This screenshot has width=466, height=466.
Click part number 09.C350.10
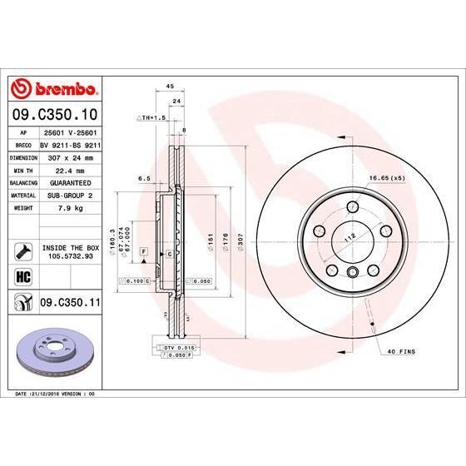point(53,113)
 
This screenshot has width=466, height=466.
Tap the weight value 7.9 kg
point(69,208)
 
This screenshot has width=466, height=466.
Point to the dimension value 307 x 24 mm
point(69,156)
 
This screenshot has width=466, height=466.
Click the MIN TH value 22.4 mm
point(69,169)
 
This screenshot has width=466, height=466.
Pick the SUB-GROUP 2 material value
point(69,195)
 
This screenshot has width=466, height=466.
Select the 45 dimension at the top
point(170,86)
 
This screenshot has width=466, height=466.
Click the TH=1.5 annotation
point(151,118)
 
